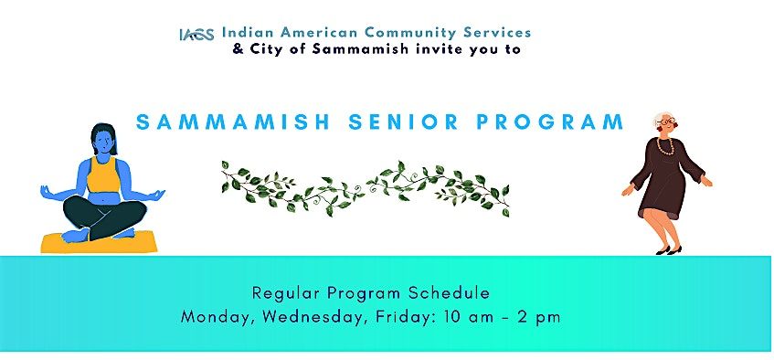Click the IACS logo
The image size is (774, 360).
196,35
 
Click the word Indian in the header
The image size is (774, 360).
247,32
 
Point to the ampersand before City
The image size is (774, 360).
239,49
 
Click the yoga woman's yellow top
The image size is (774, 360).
102,173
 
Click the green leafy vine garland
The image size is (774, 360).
366,186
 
